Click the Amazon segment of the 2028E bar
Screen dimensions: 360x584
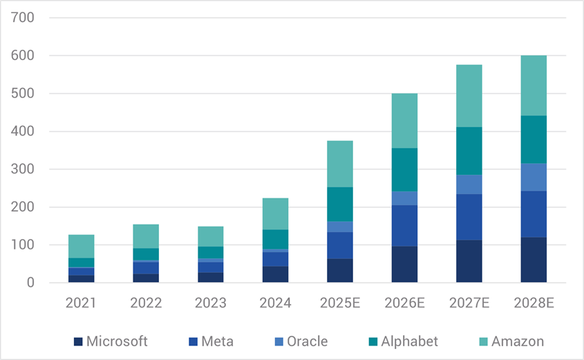pos(533,85)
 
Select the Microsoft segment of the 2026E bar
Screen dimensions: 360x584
pos(404,264)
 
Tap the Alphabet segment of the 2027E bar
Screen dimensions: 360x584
pos(469,151)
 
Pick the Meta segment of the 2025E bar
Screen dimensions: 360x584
pos(339,245)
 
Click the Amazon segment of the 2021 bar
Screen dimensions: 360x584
pos(81,246)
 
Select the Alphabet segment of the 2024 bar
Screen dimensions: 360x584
pos(275,239)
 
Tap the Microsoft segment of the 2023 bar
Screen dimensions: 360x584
pos(210,277)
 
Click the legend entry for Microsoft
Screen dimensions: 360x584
pos(111,341)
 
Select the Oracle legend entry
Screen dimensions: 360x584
pos(299,341)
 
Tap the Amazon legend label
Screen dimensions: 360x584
pos(518,341)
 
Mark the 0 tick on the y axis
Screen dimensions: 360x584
pos(31,283)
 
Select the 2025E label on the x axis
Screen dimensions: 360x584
pos(339,303)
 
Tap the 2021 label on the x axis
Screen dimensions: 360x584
pos(81,303)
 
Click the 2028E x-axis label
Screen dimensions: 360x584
pos(533,303)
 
